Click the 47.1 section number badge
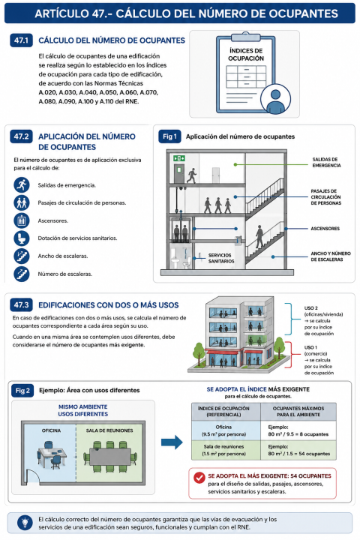click(21, 40)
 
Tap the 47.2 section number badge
click(21, 136)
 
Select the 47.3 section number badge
click(21, 304)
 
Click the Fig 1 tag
click(169, 136)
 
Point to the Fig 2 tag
click(22, 391)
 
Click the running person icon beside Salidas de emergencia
click(21, 185)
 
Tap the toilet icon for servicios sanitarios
click(21, 238)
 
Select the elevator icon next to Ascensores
click(21, 220)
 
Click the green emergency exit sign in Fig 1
click(179, 158)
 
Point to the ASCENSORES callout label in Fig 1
click(325, 228)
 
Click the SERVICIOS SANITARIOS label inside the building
click(221, 258)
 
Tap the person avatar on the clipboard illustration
click(275, 99)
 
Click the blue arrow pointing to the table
click(172, 442)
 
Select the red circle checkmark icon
click(199, 477)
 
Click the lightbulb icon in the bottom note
click(25, 523)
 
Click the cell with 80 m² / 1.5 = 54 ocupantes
click(298, 450)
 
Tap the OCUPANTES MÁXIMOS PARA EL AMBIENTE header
click(298, 412)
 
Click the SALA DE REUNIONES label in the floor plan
click(109, 430)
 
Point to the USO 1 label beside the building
click(310, 347)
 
